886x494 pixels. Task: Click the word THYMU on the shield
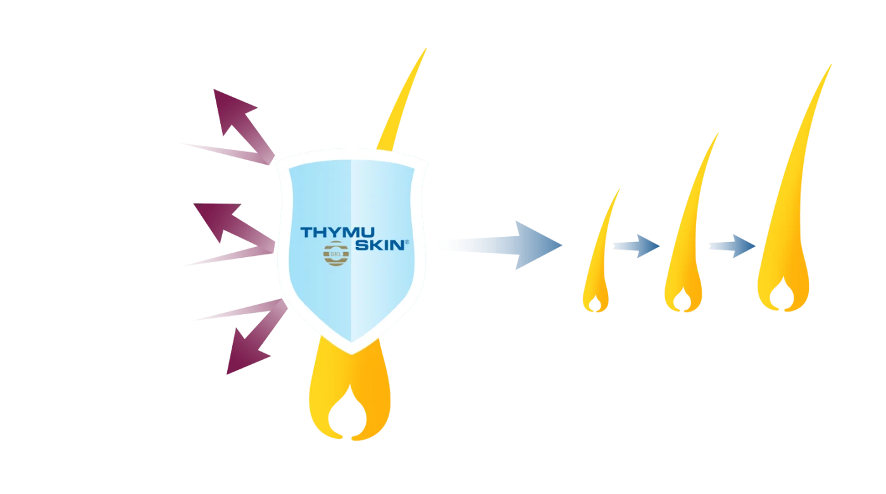click(x=334, y=233)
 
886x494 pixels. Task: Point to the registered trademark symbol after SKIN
click(x=407, y=242)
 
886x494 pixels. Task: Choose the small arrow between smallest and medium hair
click(x=636, y=246)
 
